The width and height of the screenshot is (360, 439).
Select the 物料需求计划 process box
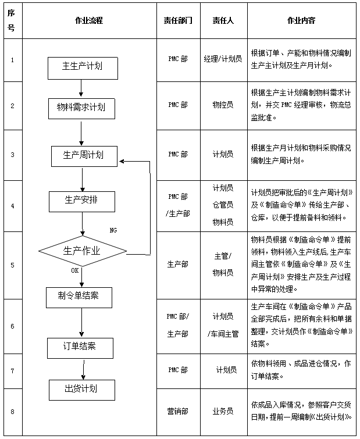81,108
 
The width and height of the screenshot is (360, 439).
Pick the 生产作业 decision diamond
82,251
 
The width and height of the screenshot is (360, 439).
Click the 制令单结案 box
79,296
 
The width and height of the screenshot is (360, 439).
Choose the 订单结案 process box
80,347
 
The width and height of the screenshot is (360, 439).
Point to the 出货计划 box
81,388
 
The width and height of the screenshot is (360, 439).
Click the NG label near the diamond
113,230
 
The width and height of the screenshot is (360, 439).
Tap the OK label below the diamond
74,270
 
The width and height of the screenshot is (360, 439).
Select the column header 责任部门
178,20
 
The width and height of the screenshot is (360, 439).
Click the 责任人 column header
223,20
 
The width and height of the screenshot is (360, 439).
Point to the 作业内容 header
301,20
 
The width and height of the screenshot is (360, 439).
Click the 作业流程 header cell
89,20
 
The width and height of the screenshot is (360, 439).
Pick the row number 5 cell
12,265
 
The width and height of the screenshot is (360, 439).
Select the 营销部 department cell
178,411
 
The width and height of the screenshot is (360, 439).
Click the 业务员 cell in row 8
223,411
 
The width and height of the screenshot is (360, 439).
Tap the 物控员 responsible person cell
223,105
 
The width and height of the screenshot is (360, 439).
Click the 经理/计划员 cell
223,59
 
